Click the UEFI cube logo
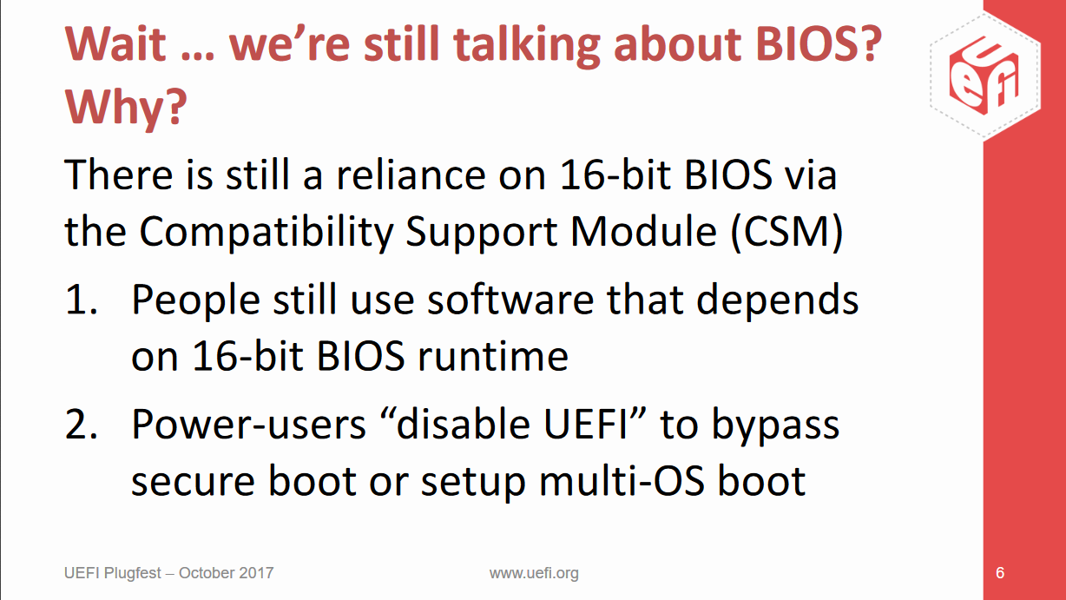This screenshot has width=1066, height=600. click(x=985, y=76)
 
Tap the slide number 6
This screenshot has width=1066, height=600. click(x=1000, y=573)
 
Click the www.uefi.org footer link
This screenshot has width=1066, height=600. click(x=534, y=573)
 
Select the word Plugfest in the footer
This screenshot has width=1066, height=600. click(x=133, y=573)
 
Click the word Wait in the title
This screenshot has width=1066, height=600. click(x=115, y=43)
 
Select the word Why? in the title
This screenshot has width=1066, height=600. click(x=126, y=107)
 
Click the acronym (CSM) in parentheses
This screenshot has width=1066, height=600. click(x=786, y=233)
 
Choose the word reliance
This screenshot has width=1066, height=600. click(x=411, y=175)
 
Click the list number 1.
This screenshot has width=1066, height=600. click(x=82, y=300)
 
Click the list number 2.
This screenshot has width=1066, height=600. click(x=82, y=425)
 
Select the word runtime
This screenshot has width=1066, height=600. click(x=493, y=357)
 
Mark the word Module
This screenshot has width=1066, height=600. click(x=643, y=232)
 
